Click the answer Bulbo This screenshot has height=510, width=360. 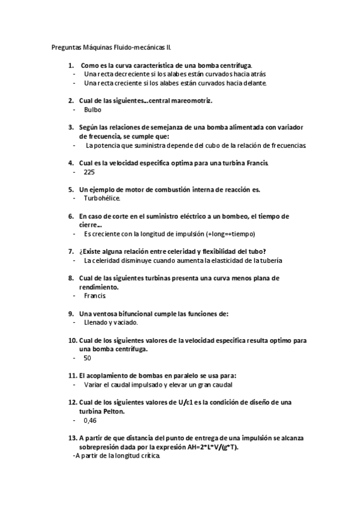click(x=93, y=110)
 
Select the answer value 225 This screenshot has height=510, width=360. click(x=89, y=172)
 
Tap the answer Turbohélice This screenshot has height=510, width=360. click(x=102, y=198)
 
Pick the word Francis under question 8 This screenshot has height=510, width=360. click(x=95, y=296)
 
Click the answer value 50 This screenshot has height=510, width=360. click(x=87, y=358)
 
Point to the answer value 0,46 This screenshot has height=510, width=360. click(x=90, y=420)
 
